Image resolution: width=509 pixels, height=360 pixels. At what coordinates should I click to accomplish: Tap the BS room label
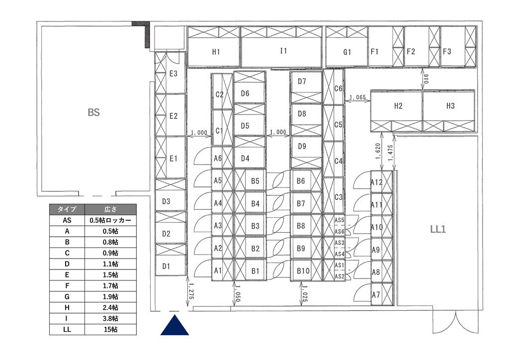point(93,112)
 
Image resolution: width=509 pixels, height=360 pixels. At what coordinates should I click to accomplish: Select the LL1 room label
point(438,229)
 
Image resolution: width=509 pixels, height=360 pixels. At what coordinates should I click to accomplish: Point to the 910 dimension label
point(426,79)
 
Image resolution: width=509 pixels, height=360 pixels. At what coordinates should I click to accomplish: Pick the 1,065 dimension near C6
point(357,97)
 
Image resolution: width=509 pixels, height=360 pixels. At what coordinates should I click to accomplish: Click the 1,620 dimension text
point(378,151)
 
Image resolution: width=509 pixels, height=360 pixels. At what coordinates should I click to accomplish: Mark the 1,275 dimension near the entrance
point(191,291)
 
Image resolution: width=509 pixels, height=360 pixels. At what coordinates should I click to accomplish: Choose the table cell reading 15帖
point(110,330)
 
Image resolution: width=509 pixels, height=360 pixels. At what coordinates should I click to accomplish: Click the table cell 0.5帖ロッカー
point(110,220)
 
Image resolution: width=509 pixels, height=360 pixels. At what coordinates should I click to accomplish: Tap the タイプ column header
point(67,209)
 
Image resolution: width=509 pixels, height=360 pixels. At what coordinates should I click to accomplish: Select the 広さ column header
point(110,209)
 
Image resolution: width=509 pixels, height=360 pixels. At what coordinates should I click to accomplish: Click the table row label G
point(67,297)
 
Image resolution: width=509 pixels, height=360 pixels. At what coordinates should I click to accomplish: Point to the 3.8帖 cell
point(110,318)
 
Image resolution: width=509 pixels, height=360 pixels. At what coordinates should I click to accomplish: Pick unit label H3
point(450,106)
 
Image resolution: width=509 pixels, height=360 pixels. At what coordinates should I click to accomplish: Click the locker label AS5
point(339,220)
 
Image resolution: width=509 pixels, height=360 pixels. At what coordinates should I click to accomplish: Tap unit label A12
point(377,182)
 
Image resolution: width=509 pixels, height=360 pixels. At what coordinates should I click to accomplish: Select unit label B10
point(303,270)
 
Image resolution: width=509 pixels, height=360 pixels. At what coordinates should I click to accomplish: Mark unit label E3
point(173,74)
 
